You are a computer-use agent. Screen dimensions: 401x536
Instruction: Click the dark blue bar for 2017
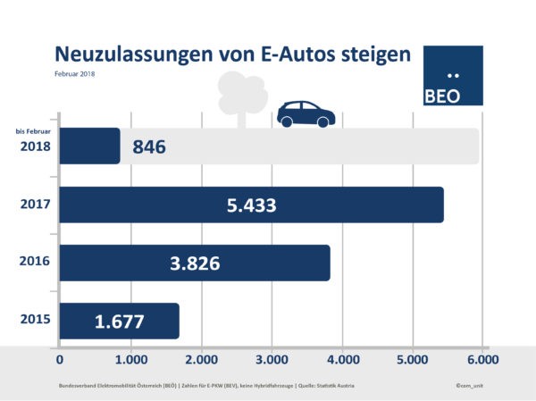coord(251,205)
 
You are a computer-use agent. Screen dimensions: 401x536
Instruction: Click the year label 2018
coord(33,146)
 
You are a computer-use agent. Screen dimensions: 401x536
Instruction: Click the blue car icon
coord(306,113)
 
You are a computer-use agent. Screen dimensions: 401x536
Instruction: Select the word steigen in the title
coord(372,55)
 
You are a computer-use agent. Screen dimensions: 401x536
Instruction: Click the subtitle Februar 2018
coord(74,73)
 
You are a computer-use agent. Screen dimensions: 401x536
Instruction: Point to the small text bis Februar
coord(32,131)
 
